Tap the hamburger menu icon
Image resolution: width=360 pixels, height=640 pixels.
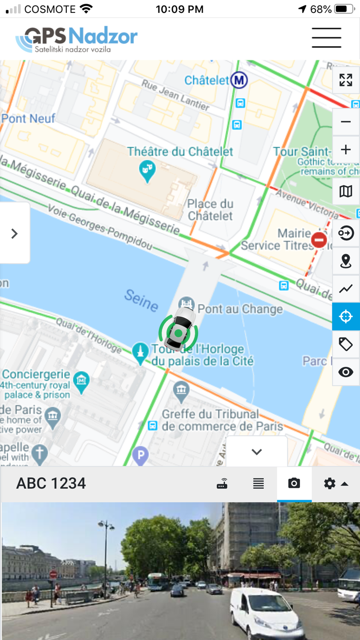pos(326,38)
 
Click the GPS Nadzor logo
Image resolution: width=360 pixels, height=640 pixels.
pos(77,39)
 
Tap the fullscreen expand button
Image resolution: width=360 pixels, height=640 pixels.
pos(346,80)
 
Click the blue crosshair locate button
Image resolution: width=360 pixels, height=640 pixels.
pos(346,316)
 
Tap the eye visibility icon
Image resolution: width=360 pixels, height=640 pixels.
pos(346,372)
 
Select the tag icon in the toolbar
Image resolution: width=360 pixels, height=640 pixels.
pos(346,344)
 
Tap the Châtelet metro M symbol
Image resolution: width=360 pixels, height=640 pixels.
pos(239,80)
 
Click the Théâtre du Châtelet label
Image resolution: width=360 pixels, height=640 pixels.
pos(180,152)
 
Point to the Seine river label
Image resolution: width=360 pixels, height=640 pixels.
pos(140,300)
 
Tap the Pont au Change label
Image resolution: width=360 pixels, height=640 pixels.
pos(240,309)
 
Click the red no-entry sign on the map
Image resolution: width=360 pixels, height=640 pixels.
pos(319,240)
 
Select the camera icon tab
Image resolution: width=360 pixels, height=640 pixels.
pos(294,484)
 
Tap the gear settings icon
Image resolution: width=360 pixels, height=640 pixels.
pos(330,484)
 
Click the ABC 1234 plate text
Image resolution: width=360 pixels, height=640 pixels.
pos(51,484)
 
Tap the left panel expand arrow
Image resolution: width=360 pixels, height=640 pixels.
pos(14,234)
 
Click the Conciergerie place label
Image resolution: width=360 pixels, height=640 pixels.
pos(36,374)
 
